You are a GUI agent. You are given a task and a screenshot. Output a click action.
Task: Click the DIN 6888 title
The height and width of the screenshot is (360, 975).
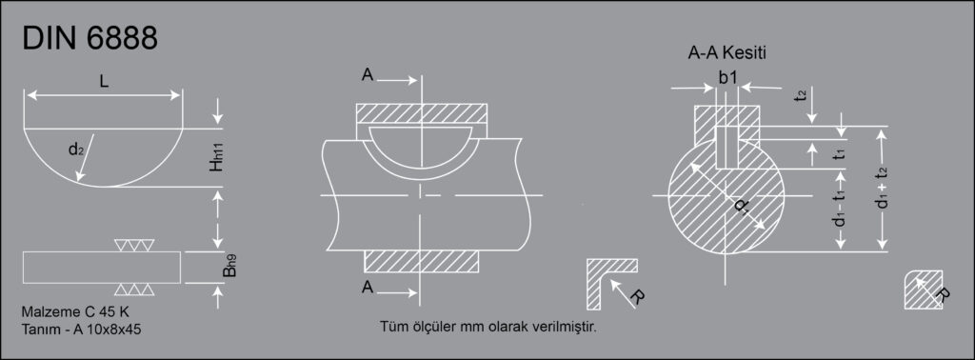click(x=90, y=39)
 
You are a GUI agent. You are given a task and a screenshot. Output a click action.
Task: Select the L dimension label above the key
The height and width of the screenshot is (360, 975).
click(x=104, y=81)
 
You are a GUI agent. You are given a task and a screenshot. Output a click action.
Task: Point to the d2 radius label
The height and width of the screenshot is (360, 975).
click(x=76, y=150)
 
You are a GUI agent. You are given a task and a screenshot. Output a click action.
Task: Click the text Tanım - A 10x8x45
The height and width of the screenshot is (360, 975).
click(x=81, y=329)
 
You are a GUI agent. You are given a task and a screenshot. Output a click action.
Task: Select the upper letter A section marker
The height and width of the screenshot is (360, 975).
click(x=368, y=75)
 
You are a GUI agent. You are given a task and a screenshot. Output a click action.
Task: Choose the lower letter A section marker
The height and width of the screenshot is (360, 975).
click(x=368, y=287)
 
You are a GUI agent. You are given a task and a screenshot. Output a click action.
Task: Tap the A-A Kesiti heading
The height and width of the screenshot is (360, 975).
click(x=726, y=53)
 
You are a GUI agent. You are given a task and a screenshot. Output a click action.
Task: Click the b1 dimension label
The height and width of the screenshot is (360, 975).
click(x=727, y=77)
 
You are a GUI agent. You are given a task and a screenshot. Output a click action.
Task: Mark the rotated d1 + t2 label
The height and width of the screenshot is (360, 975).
click(x=881, y=189)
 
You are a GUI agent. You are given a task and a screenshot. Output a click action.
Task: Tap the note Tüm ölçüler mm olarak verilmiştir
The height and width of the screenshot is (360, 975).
click(x=488, y=327)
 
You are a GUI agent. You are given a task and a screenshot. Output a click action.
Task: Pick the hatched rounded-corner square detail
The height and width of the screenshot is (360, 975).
click(x=924, y=290)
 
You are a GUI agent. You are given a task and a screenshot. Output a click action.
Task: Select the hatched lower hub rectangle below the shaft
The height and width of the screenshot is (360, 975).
click(x=422, y=261)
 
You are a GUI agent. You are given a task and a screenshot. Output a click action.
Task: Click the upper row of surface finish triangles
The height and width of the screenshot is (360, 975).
click(x=134, y=245)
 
